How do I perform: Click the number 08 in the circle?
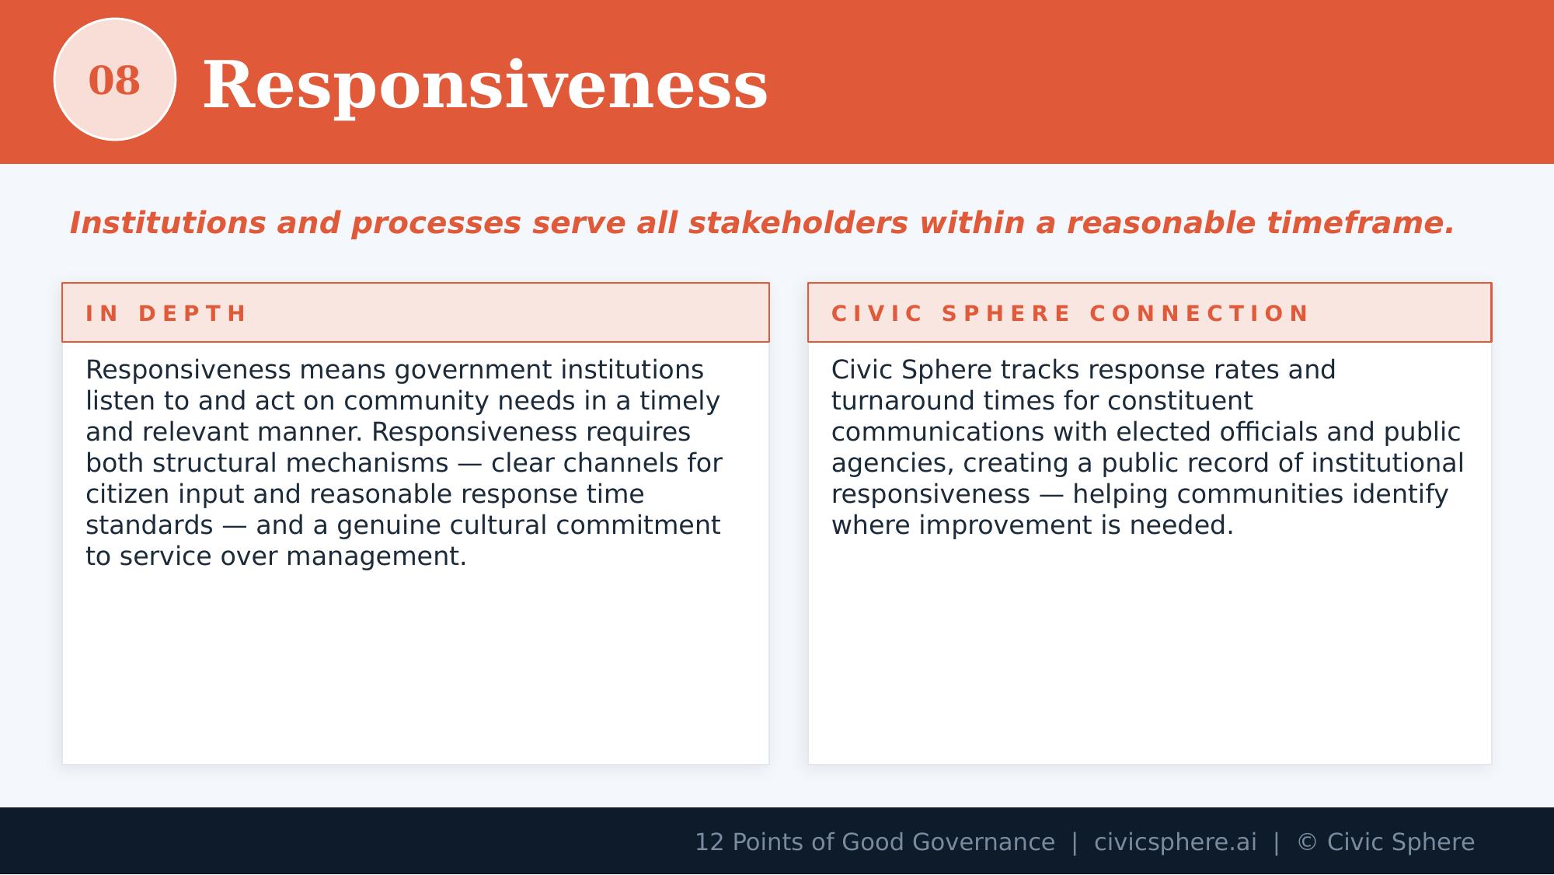pos(114,81)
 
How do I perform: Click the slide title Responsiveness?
pos(485,85)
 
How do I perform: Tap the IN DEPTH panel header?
pos(166,313)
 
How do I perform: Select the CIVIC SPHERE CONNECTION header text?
pos(1070,313)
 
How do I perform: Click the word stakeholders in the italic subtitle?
pos(798,223)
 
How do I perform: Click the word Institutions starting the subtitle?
pos(168,223)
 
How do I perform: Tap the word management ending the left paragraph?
pos(375,556)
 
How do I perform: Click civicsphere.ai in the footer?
pos(1175,842)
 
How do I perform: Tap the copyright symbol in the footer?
pos(1307,842)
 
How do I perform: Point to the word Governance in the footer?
pos(983,842)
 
